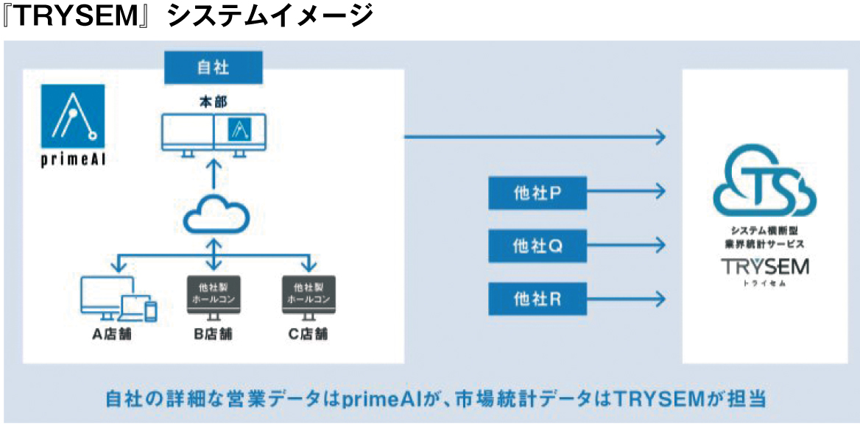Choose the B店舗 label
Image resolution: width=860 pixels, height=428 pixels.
214,335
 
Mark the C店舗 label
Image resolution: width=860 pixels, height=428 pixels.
309,335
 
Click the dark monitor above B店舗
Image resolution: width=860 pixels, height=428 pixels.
214,296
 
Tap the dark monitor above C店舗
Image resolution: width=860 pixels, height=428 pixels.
309,296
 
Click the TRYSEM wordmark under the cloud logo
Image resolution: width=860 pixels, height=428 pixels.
764,266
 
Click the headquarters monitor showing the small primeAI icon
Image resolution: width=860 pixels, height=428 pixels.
239,132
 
